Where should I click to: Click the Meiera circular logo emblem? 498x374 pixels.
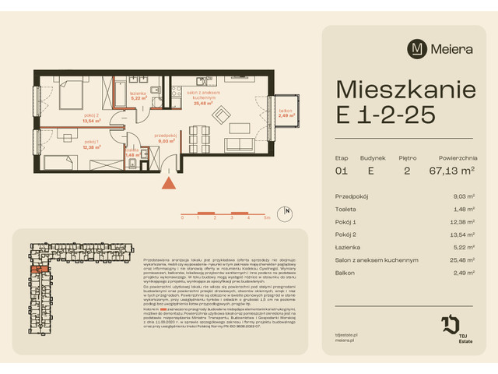(x=418, y=48)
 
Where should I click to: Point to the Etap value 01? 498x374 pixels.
(x=342, y=170)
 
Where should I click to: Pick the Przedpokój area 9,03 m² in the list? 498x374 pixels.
(x=465, y=197)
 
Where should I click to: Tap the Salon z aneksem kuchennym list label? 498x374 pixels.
(x=377, y=259)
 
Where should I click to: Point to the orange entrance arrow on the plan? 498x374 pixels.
(x=167, y=184)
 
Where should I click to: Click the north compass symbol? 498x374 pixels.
(x=287, y=211)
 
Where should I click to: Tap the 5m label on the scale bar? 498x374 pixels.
(x=267, y=218)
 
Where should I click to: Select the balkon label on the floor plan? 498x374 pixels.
(x=285, y=110)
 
